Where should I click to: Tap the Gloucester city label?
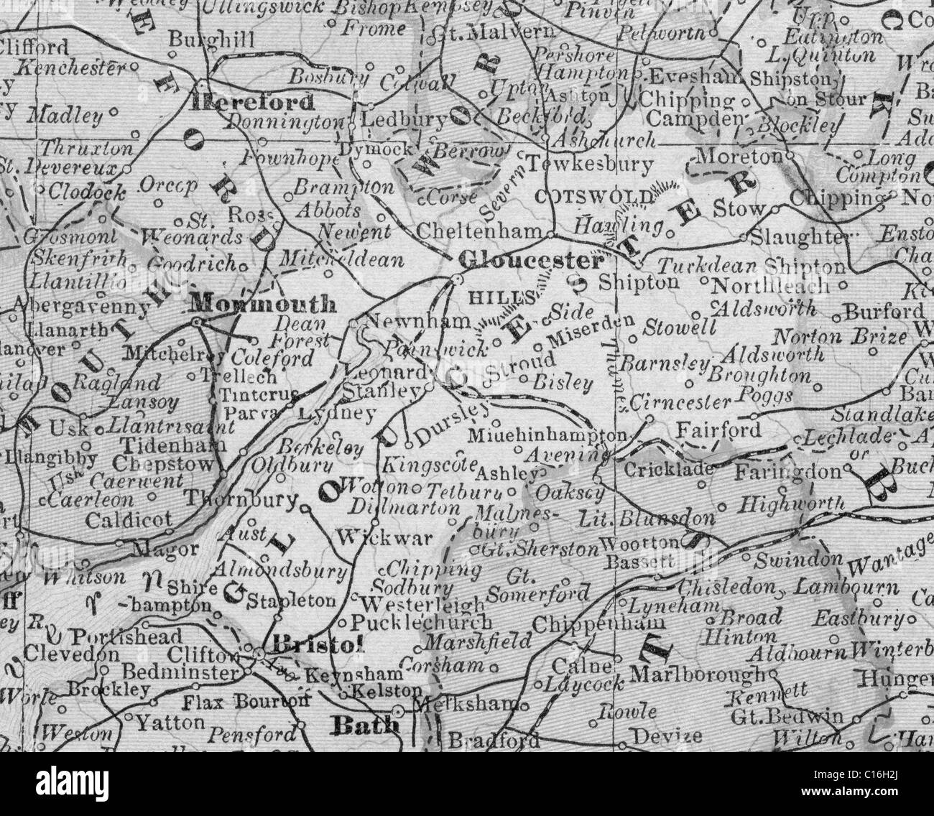530,259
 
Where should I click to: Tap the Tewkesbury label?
591,164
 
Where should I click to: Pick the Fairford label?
719,430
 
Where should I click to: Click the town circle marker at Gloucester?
456,279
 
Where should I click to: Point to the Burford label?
884,312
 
